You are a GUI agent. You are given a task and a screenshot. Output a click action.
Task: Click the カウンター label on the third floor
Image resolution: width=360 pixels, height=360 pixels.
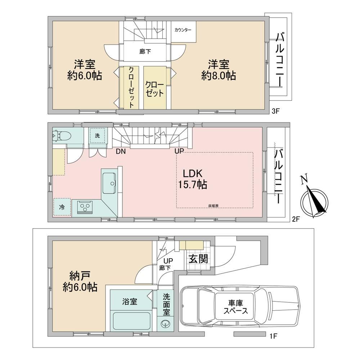(183, 30)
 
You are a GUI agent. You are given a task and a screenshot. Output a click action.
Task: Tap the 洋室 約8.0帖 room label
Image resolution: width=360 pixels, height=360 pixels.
(219, 70)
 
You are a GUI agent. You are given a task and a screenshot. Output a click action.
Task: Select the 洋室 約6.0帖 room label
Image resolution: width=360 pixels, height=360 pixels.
(85, 70)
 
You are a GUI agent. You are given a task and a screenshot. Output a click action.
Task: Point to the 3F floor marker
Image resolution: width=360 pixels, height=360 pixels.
(275, 112)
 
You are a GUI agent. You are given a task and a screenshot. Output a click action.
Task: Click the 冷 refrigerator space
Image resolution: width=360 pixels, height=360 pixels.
(62, 207)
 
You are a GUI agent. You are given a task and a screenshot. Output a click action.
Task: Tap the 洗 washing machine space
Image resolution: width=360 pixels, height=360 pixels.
(97, 135)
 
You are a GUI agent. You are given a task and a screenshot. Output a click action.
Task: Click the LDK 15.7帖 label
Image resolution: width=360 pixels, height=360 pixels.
(193, 179)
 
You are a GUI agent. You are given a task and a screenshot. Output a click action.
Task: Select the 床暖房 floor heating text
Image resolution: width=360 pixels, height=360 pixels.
(213, 206)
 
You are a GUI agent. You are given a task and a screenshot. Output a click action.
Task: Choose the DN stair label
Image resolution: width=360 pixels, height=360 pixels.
(121, 151)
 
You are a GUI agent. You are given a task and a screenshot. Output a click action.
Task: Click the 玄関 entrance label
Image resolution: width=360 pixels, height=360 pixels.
(198, 259)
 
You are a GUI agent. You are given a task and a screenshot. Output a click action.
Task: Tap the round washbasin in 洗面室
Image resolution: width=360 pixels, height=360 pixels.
(165, 324)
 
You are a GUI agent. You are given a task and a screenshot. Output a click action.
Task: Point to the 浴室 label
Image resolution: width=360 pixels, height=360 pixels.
(130, 302)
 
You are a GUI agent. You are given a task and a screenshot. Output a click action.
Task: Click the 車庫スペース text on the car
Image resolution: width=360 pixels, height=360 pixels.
(236, 307)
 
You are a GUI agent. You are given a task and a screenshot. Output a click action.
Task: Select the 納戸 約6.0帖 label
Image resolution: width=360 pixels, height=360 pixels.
(80, 282)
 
